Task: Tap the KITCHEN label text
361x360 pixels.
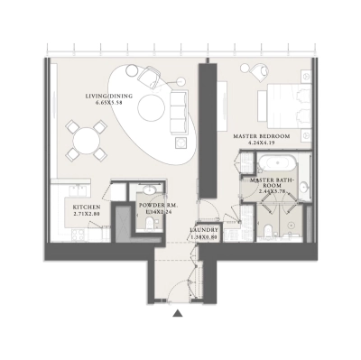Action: pos(87,207)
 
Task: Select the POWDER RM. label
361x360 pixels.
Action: pos(150,207)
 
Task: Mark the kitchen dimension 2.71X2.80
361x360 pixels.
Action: pos(87,215)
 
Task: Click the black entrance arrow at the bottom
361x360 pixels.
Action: pos(178,313)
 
